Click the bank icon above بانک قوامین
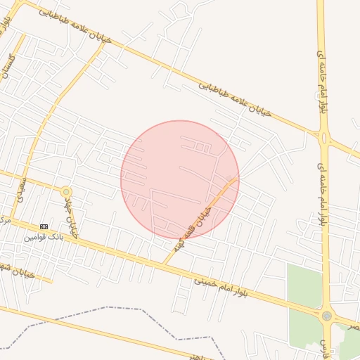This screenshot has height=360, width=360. tap(44, 226)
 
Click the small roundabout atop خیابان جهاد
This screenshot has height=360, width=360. tap(66, 191)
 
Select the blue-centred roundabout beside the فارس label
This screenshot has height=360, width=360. tap(327, 316)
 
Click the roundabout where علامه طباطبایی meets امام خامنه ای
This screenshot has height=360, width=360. tap(324, 138)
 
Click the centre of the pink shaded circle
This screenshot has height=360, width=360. tap(180, 180)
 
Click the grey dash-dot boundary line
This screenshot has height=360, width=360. tap(105, 309)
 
